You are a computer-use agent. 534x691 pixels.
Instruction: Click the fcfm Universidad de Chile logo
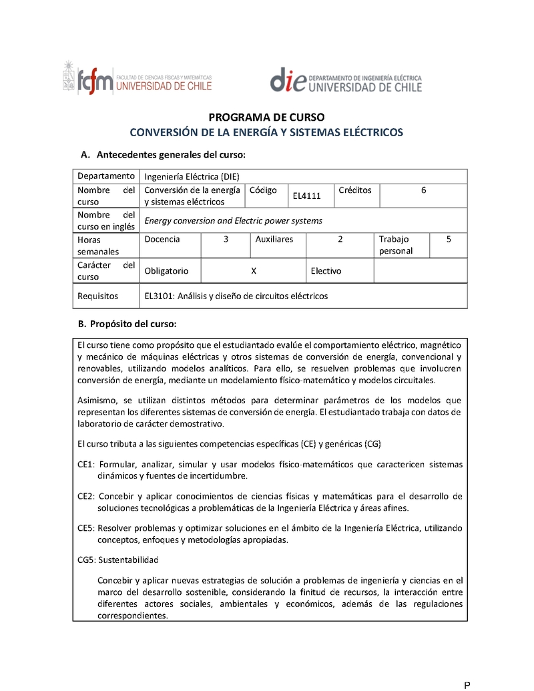(x=138, y=79)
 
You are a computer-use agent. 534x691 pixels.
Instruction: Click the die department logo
(x=346, y=79)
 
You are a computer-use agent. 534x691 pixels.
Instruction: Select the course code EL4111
(x=307, y=196)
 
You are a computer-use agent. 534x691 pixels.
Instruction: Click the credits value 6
(x=423, y=190)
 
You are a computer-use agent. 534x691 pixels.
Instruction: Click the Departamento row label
(x=105, y=176)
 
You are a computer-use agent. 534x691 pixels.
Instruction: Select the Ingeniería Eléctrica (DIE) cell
(x=192, y=176)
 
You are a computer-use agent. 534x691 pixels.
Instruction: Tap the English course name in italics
(x=233, y=220)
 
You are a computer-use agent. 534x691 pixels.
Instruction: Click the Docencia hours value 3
(x=226, y=239)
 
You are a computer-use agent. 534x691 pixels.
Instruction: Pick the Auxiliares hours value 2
(x=340, y=239)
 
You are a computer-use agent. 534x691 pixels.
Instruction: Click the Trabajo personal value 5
(x=448, y=239)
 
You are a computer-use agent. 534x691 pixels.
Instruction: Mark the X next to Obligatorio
(x=254, y=271)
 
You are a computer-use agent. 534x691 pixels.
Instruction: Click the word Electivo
(x=326, y=271)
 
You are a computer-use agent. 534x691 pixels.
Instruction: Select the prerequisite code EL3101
(x=158, y=296)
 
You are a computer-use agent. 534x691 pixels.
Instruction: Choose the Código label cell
(x=263, y=190)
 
